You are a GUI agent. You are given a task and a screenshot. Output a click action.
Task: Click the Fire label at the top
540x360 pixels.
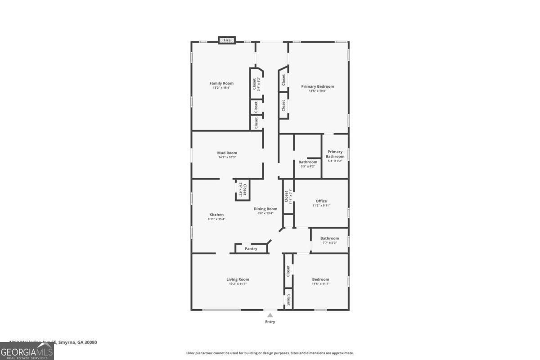[227, 40]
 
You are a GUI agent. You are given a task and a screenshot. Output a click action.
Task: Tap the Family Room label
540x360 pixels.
[221, 83]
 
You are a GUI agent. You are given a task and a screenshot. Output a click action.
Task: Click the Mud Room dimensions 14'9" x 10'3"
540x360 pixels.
[227, 157]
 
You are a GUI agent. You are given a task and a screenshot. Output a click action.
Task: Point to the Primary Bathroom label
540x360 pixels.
[335, 154]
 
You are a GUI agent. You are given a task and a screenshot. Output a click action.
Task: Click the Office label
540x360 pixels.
[321, 201]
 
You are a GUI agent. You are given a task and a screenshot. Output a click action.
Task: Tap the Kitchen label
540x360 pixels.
[216, 215]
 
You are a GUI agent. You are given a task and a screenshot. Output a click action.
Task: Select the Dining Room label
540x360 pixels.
[265, 209]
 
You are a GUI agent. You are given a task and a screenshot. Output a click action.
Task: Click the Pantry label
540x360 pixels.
[251, 248]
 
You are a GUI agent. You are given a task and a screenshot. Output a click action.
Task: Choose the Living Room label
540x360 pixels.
[238, 279]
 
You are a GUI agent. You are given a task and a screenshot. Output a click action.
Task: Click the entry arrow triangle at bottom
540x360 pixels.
[270, 315]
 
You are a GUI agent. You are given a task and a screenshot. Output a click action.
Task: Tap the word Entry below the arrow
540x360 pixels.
[270, 322]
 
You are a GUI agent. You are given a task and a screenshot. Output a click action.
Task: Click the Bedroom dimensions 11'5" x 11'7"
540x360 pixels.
[320, 284]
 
